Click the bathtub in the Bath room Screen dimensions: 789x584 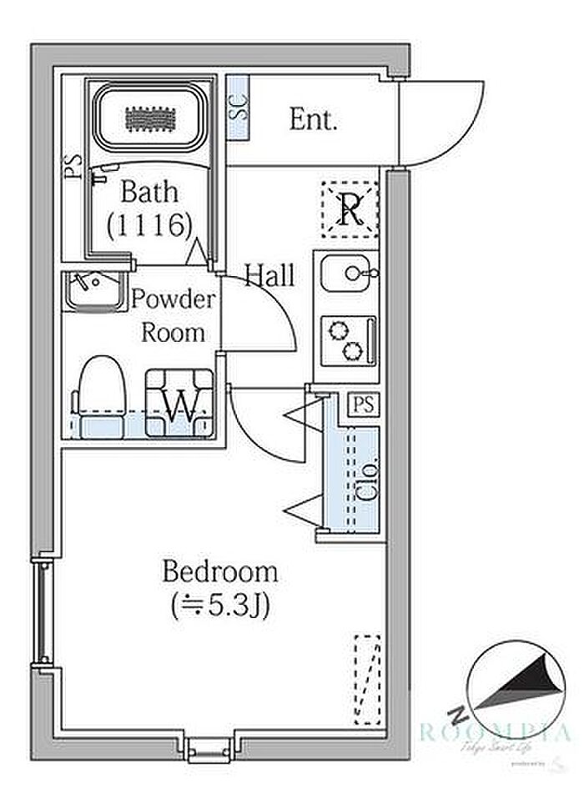pos(148,119)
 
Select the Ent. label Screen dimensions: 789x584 pos(314,120)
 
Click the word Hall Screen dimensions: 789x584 pos(269,275)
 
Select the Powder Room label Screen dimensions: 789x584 pos(174,316)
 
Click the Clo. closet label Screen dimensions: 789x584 pos(367,479)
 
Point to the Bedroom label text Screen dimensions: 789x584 pos(219,572)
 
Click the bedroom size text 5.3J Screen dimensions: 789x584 pos(219,605)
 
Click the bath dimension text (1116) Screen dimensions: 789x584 pos(150,223)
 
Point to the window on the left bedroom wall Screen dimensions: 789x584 pos(39,613)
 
